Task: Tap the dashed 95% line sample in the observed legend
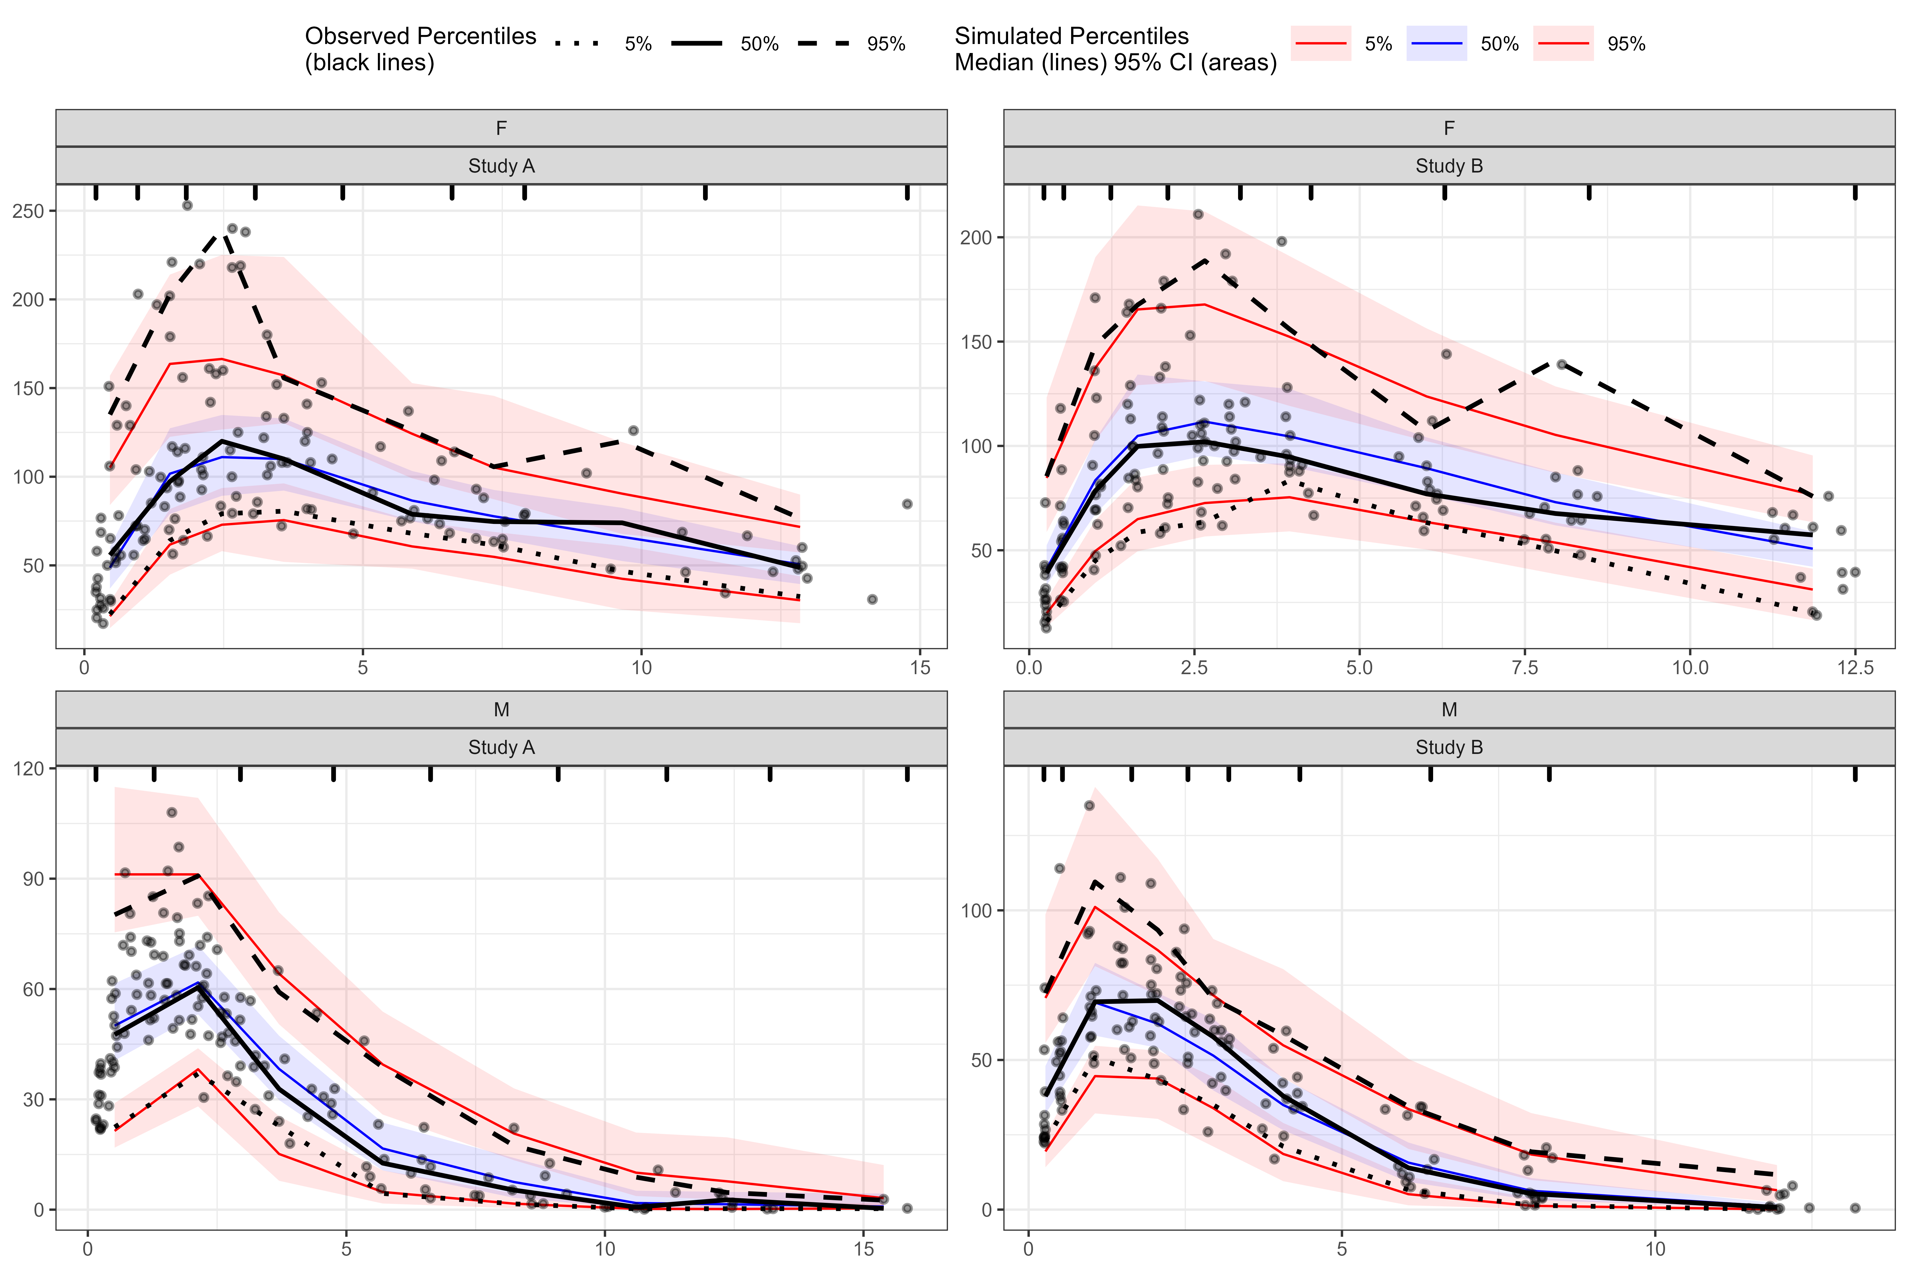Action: pos(823,44)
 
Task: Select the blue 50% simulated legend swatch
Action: pos(1437,44)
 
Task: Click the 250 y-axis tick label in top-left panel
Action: pos(28,211)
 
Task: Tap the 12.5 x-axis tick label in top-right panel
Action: pos(1855,668)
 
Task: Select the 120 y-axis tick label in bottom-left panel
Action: pos(28,768)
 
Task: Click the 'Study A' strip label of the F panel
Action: pos(501,166)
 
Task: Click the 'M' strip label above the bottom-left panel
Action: pos(501,710)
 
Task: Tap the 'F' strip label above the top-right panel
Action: pos(1449,128)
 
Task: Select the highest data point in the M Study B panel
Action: pos(1089,806)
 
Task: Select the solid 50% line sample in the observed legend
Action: pos(697,44)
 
